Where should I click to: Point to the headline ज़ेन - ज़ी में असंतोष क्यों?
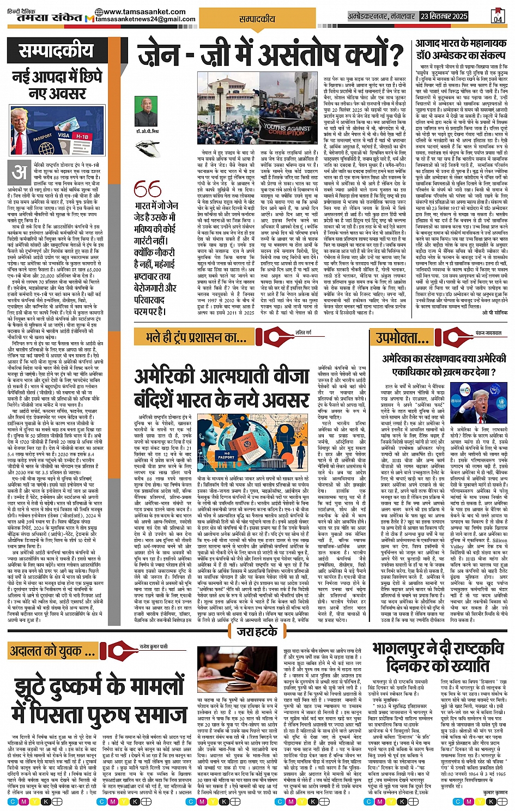270,56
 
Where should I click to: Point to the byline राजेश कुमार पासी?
154,646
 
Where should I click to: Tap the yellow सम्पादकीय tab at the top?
257,19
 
